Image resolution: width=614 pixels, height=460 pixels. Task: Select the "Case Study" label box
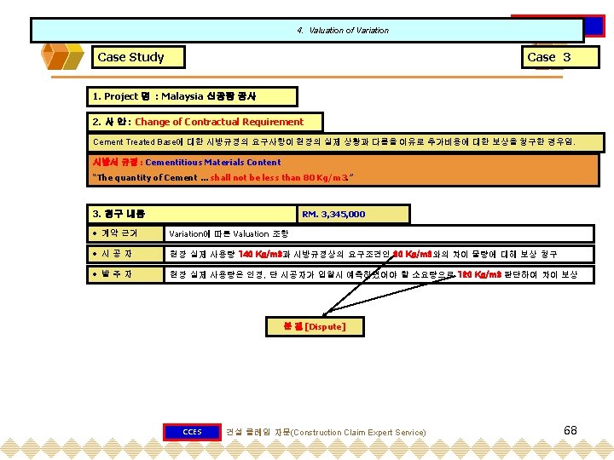coord(130,57)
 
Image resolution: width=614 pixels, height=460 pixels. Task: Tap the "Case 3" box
coord(548,57)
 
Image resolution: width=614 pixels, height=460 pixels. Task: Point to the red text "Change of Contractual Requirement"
coord(219,122)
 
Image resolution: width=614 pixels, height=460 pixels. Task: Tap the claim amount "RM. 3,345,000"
coord(333,214)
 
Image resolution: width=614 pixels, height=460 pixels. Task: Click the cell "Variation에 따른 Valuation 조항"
coord(229,233)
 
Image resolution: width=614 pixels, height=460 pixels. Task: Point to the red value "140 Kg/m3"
coord(255,254)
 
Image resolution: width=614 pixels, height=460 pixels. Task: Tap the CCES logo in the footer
coord(192,432)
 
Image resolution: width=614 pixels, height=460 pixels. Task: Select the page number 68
coord(571,430)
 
